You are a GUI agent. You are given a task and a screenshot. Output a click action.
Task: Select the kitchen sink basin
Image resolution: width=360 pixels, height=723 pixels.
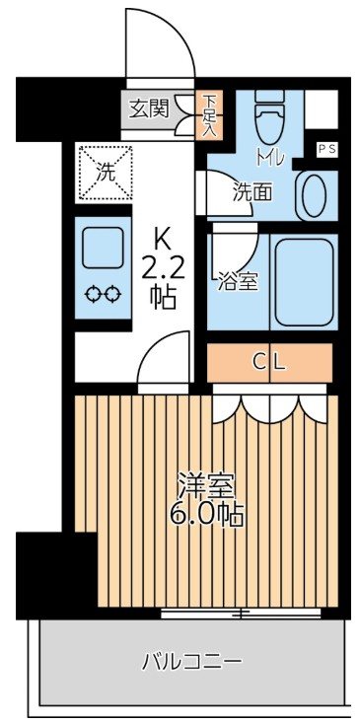tap(105, 249)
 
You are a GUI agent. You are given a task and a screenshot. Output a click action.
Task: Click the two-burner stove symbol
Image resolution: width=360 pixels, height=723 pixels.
tap(105, 292)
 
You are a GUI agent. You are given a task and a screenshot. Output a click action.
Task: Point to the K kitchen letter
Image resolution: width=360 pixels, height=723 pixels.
tap(164, 238)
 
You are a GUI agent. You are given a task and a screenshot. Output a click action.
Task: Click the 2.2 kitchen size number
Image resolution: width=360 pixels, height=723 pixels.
tap(164, 267)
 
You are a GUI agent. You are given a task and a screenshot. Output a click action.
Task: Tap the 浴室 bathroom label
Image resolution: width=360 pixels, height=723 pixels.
tap(238, 281)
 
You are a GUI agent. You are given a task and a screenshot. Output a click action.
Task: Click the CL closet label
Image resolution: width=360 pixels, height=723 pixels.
tap(269, 362)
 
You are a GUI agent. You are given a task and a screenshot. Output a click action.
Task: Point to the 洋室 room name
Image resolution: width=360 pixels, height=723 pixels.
tap(205, 485)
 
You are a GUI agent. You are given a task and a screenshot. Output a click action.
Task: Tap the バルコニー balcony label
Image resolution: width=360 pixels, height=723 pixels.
tap(190, 660)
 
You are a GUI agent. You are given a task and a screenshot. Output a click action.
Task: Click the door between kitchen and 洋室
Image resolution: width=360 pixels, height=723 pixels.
tap(164, 362)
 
